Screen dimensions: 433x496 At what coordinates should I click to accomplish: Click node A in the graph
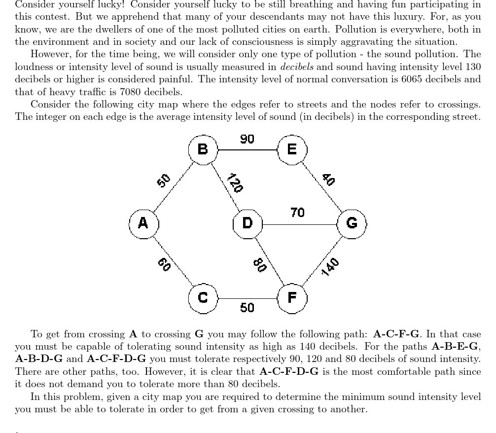pos(143,223)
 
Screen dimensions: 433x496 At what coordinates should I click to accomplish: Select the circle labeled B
pos(203,149)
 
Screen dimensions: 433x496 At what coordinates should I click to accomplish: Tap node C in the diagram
pos(203,298)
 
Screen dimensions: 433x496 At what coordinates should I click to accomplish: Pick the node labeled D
pos(248,223)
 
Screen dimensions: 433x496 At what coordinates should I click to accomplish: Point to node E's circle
pos(292,149)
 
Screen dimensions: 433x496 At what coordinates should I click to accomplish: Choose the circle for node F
pos(292,298)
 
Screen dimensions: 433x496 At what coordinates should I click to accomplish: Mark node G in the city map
pos(352,223)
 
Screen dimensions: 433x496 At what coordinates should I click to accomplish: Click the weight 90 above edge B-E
pos(247,139)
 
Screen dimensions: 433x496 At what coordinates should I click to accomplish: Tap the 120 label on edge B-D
pos(235,183)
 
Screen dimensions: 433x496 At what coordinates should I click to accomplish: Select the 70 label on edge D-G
pos(297,213)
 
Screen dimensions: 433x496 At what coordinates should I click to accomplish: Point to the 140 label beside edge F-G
pos(330,267)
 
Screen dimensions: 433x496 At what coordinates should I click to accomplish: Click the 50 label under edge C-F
pos(247,308)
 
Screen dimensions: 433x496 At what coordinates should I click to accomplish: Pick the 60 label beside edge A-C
pos(164,264)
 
